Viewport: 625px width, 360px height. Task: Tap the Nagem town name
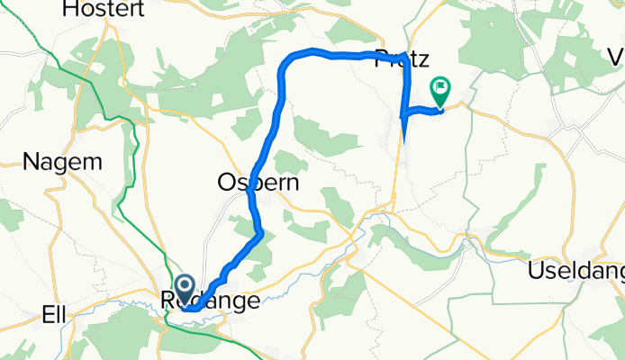click(62, 162)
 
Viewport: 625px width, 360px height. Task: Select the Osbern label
click(258, 183)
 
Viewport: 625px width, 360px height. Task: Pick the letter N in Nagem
click(31, 162)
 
